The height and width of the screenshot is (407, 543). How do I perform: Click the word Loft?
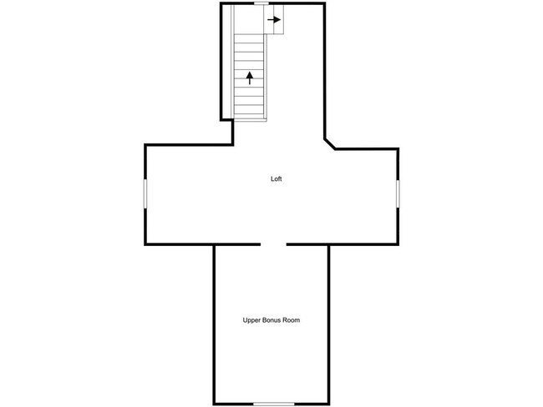click(x=277, y=178)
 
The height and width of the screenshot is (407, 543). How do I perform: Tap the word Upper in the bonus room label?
click(x=251, y=320)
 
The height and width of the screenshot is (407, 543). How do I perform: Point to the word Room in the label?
click(x=292, y=320)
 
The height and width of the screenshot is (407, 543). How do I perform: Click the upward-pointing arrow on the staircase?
click(x=249, y=78)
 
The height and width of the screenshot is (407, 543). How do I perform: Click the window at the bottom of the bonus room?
click(x=273, y=404)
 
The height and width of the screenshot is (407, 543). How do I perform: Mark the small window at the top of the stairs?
click(x=261, y=3)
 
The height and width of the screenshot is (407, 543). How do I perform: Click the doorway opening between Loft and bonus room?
click(x=274, y=244)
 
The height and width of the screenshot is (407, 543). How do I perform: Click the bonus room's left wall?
click(x=215, y=325)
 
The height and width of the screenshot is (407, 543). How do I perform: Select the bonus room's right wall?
click(x=329, y=325)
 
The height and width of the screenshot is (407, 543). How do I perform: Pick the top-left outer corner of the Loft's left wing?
click(x=146, y=145)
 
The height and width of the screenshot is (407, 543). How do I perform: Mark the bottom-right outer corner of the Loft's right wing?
click(x=398, y=244)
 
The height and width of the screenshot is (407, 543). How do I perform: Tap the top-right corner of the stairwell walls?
click(x=324, y=4)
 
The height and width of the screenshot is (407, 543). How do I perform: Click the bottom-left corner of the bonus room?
click(x=216, y=404)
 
